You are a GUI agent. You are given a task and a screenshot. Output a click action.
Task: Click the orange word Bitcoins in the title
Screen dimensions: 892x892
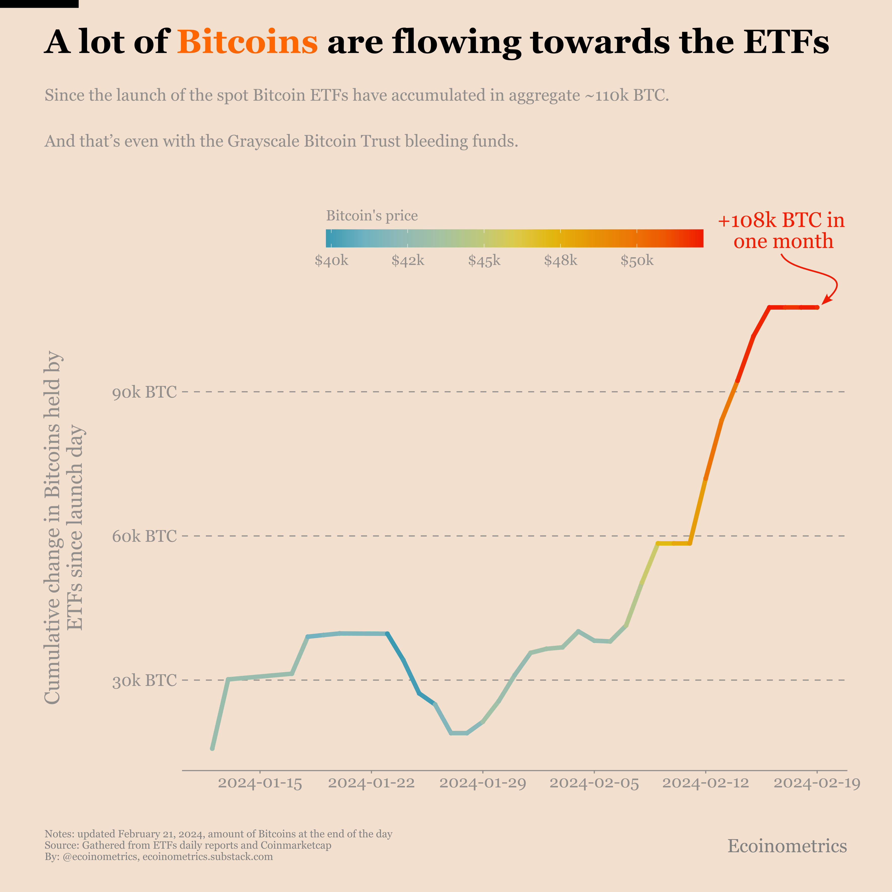pos(247,42)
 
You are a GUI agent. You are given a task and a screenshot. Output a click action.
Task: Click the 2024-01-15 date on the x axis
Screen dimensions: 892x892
pos(260,783)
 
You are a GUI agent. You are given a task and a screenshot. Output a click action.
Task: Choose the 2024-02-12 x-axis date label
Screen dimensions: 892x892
pos(705,783)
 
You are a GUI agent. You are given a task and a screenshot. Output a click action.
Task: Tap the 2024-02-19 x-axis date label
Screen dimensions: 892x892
pos(817,783)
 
